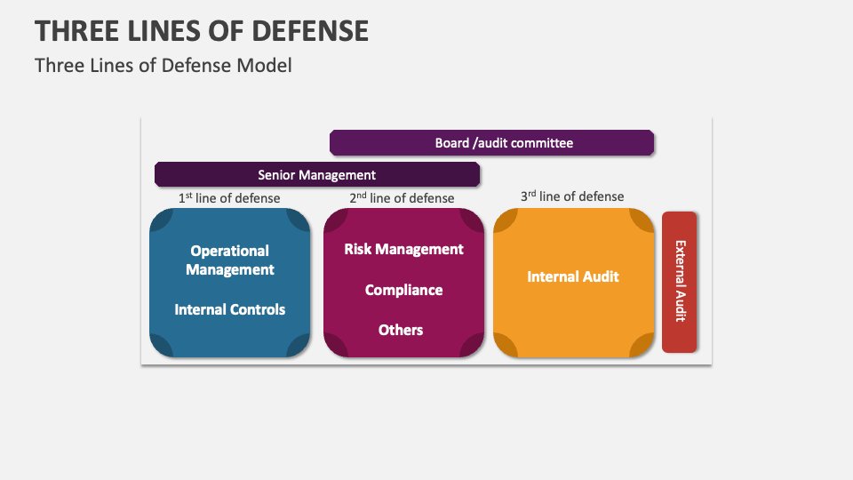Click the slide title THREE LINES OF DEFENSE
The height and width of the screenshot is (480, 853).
coord(202,30)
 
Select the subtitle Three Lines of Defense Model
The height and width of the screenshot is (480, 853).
coord(163,65)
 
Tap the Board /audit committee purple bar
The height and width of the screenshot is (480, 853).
coord(491,143)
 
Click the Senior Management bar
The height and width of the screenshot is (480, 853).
coord(316,175)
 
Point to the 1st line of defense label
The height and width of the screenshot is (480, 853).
coord(229,198)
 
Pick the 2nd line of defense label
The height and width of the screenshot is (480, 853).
coord(402,198)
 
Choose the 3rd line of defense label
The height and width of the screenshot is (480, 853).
coord(572,196)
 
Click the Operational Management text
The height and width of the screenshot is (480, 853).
coord(230,260)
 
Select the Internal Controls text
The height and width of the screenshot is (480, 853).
coord(230,309)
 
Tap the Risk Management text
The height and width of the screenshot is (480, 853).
coord(403,249)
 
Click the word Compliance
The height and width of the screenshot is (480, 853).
coord(403,290)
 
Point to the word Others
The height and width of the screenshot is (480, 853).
coord(401,330)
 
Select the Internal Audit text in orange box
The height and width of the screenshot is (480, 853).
coord(573,276)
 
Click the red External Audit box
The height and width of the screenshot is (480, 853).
coord(680,281)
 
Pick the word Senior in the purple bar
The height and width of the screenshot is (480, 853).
coord(277,175)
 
